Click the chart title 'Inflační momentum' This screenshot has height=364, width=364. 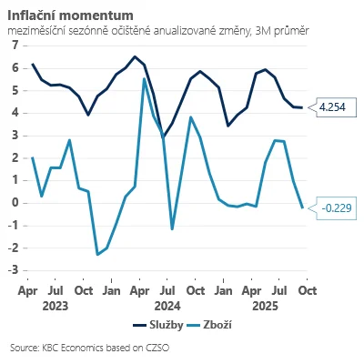tap(70, 15)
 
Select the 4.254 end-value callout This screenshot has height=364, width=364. tap(332, 107)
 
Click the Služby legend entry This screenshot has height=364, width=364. tap(158, 325)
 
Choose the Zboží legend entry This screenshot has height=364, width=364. tap(209, 325)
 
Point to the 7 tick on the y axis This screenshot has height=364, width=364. tap(15, 45)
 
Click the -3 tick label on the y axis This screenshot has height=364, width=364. tap(14, 270)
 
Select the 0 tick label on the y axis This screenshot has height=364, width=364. tap(15, 203)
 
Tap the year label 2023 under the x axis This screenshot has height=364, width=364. tap(56, 306)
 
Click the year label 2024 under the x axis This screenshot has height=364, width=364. tap(167, 306)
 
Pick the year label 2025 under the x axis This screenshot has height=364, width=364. tap(265, 306)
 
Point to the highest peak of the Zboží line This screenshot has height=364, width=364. tap(144, 79)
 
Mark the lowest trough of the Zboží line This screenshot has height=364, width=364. tap(97, 254)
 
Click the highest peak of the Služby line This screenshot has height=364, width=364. tap(135, 56)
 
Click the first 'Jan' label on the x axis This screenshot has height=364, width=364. tap(111, 290)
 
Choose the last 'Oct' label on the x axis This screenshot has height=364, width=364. tap(308, 290)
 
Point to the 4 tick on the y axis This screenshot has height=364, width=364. tap(15, 113)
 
